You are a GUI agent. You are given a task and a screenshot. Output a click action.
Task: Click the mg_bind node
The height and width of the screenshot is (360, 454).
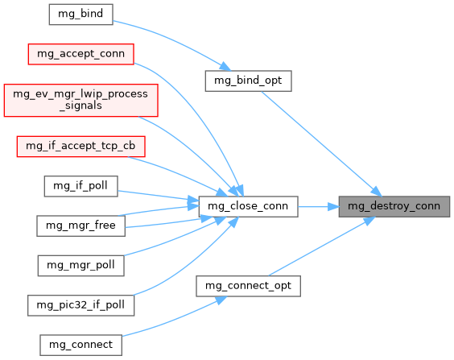(x=80, y=14)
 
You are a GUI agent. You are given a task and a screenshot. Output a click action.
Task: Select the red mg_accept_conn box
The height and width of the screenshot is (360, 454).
(x=80, y=54)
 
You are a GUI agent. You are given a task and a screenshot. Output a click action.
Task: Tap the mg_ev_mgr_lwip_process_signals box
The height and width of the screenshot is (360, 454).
(x=80, y=100)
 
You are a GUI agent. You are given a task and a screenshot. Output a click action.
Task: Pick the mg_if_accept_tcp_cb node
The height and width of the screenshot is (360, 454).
(x=80, y=147)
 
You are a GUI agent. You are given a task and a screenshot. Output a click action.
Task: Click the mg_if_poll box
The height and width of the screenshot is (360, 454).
(x=80, y=186)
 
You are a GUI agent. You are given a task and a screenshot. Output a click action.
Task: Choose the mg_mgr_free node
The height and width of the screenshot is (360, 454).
(x=80, y=226)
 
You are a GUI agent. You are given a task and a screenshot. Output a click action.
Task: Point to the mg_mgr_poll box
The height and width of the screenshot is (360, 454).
(x=80, y=266)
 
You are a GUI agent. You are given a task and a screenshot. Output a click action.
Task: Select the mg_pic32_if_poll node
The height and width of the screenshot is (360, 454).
(x=80, y=305)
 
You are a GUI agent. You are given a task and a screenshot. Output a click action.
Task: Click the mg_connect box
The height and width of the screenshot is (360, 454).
(x=80, y=345)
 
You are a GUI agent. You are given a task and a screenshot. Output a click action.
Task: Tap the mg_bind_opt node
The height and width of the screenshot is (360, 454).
(x=248, y=81)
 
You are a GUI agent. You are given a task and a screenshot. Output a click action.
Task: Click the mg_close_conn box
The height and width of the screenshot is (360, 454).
(x=248, y=206)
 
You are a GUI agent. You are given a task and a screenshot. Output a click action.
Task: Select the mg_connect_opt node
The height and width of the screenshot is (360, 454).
(x=248, y=286)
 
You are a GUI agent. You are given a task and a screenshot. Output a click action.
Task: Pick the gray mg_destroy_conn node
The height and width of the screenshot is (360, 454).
(x=394, y=206)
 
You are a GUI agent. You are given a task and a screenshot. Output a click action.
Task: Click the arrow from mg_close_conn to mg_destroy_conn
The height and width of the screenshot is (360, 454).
(x=319, y=207)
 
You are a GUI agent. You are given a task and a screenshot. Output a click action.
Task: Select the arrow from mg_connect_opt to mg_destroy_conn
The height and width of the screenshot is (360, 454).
(x=322, y=246)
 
